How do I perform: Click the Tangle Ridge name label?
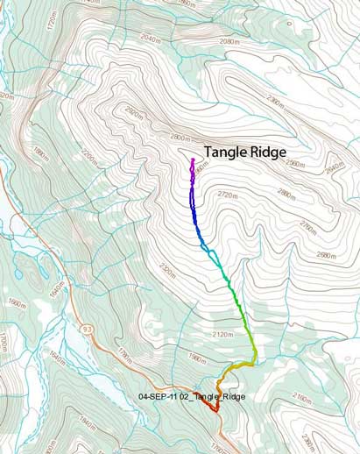pyautogui.click(x=245, y=153)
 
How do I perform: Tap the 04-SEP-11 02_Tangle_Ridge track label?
pyautogui.click(x=192, y=397)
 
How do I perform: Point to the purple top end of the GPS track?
pyautogui.click(x=192, y=160)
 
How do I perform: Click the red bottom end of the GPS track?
pyautogui.click(x=215, y=409)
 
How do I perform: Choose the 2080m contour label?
pyautogui.click(x=229, y=41)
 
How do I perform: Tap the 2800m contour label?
pyautogui.click(x=180, y=138)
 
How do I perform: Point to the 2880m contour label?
pyautogui.click(x=286, y=194)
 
